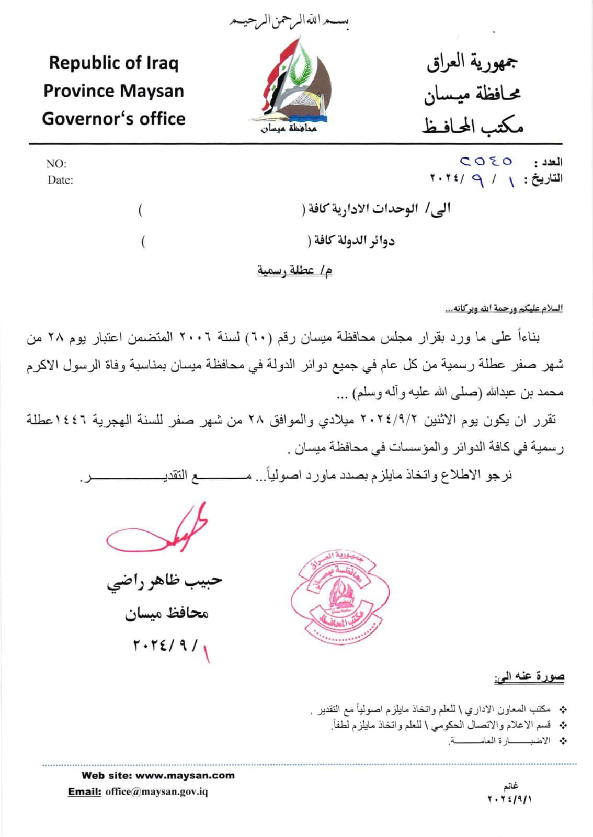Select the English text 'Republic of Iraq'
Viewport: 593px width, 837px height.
tap(113, 63)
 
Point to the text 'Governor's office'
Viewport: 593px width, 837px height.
tap(113, 119)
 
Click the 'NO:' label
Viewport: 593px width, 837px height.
tap(56, 164)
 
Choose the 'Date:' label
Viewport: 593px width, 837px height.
tap(60, 180)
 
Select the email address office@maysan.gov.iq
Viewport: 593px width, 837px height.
tap(156, 791)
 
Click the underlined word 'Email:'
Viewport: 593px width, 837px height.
tap(84, 791)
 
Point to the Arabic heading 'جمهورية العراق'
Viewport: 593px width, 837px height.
tap(473, 63)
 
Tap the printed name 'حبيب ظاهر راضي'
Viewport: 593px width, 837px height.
tap(165, 581)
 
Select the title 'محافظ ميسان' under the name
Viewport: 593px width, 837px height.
tap(166, 613)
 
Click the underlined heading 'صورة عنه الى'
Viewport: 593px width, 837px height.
tap(529, 677)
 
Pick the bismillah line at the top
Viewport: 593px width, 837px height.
tap(290, 24)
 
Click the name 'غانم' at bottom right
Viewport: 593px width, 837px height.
tap(510, 786)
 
